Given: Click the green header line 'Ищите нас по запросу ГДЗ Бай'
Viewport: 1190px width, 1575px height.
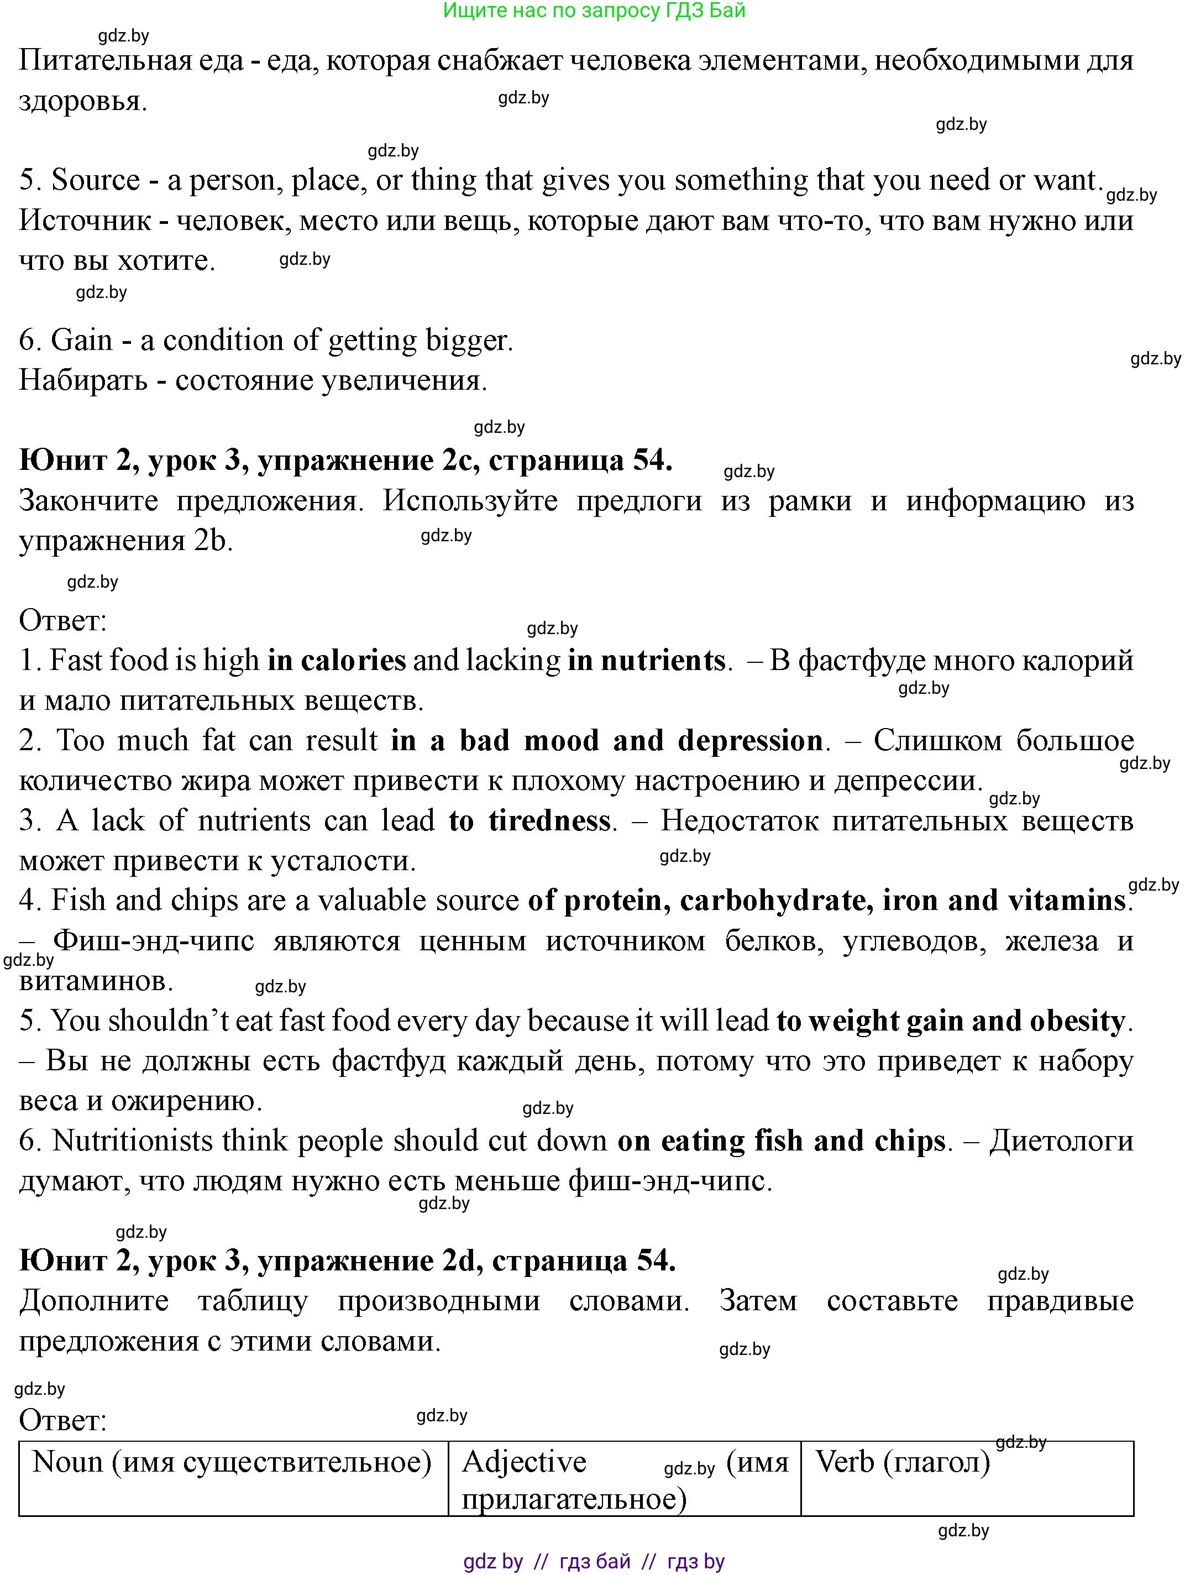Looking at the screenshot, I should pyautogui.click(x=594, y=11).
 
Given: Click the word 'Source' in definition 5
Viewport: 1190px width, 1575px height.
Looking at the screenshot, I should pyautogui.click(x=96, y=181).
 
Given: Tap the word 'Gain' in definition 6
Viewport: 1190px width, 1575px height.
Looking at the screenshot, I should pyautogui.click(x=82, y=341).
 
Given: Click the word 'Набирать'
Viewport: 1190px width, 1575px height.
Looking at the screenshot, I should pyautogui.click(x=82, y=381).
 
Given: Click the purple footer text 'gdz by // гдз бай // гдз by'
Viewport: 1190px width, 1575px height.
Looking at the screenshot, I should pyautogui.click(x=594, y=1562).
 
